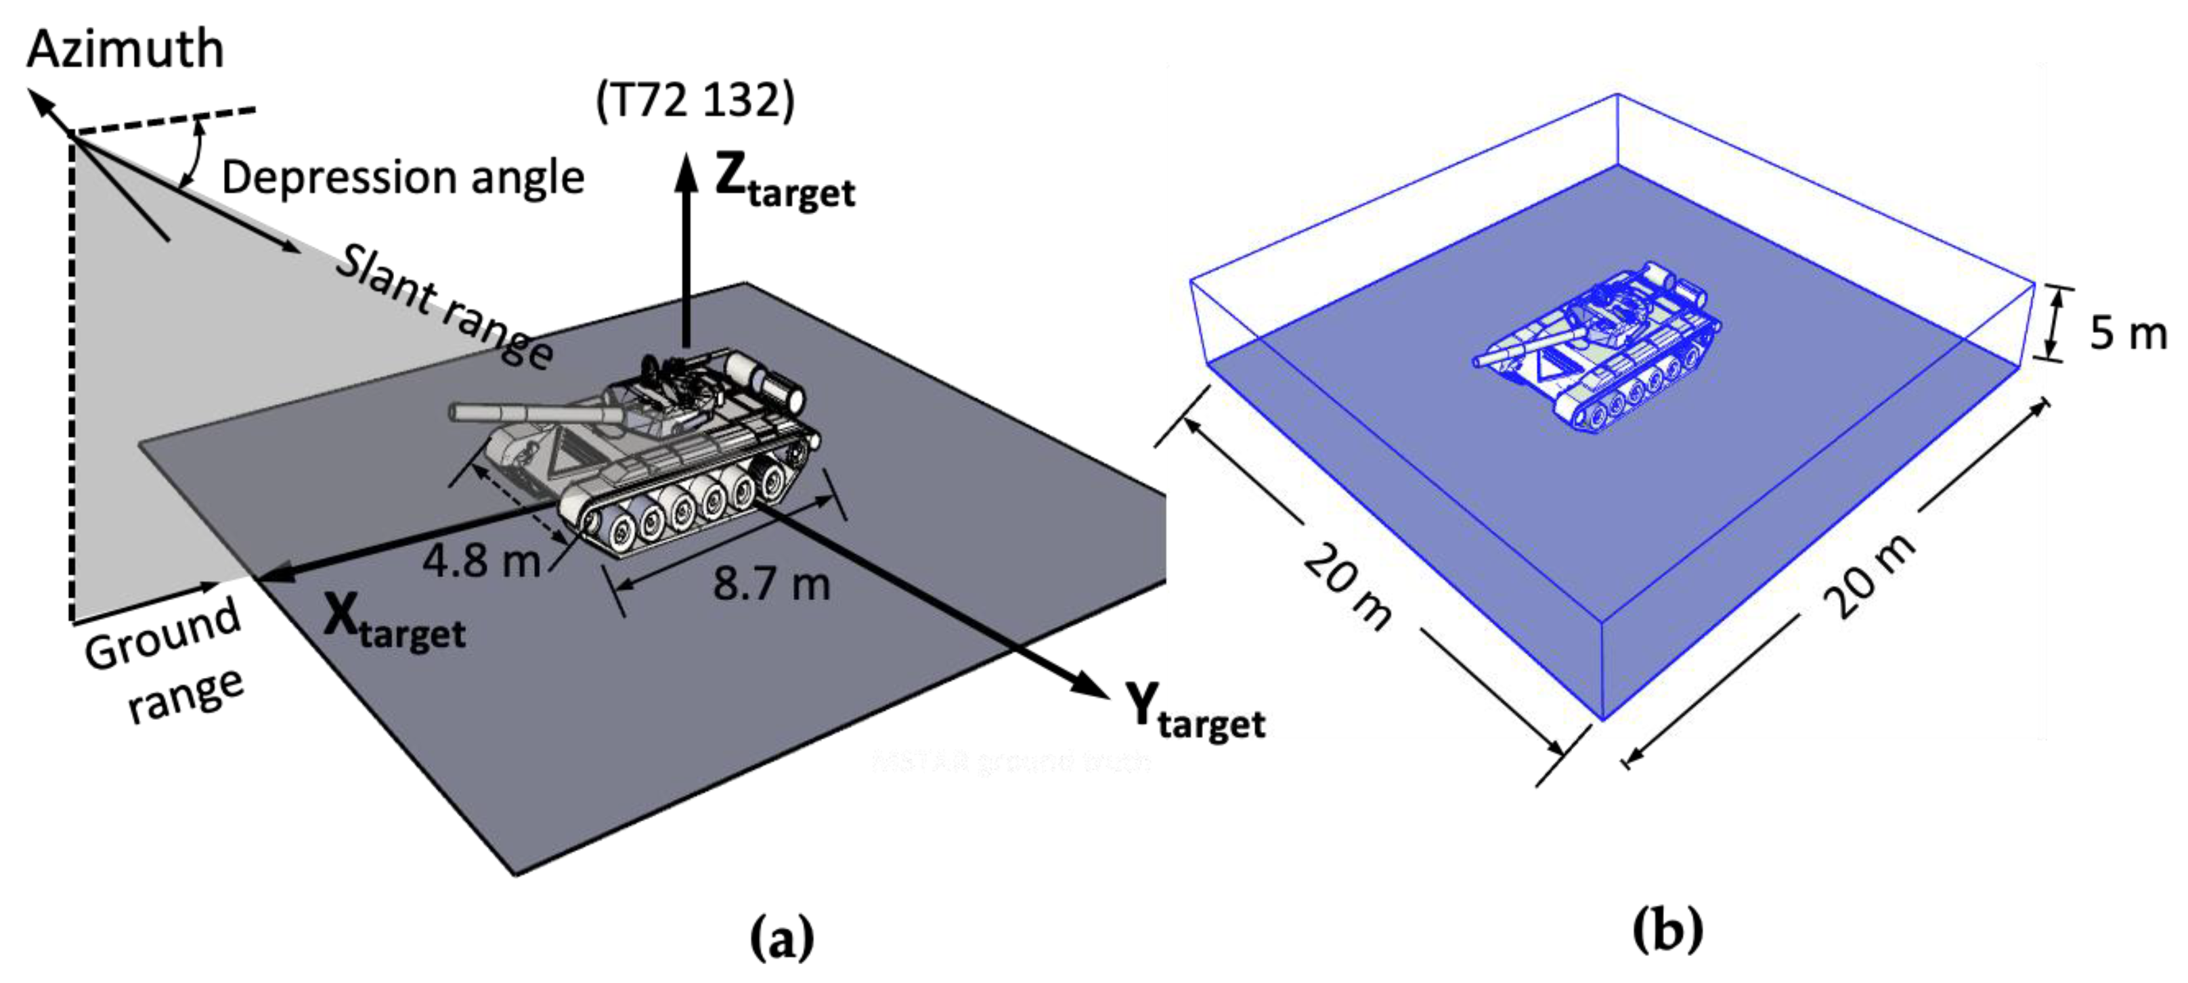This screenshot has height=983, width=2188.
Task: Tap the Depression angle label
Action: pyautogui.click(x=403, y=177)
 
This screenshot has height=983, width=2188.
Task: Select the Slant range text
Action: pyautogui.click(x=444, y=307)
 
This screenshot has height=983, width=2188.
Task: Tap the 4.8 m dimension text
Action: pyautogui.click(x=481, y=561)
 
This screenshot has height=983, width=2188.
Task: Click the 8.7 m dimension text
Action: pyautogui.click(x=771, y=584)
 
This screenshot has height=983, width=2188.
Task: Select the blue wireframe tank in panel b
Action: pyautogui.click(x=1597, y=348)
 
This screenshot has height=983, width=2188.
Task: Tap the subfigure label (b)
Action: pyautogui.click(x=1667, y=930)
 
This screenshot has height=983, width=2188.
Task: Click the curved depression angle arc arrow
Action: pyautogui.click(x=194, y=153)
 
